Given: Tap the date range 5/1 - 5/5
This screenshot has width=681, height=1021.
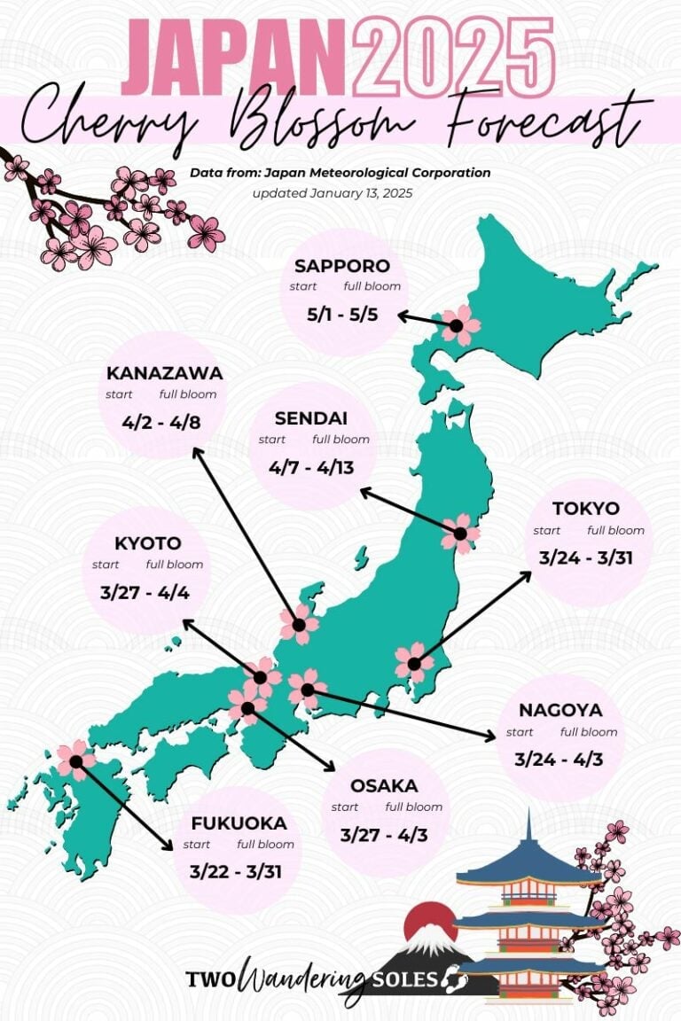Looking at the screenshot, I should tap(343, 314).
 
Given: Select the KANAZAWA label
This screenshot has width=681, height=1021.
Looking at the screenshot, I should tap(164, 373).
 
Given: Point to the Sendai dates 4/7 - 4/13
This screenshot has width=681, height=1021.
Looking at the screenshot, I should tap(314, 467).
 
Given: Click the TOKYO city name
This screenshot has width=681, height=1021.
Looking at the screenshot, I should tap(586, 509).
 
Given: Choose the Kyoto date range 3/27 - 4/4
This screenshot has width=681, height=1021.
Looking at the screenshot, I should tap(145, 592).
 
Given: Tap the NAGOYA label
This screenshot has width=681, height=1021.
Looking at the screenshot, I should tap(560, 710).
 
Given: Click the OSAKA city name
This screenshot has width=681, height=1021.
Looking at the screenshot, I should tap(384, 785).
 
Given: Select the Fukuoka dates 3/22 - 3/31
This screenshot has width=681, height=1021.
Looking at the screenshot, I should tap(236, 871).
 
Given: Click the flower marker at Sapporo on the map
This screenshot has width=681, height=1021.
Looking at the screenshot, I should tap(458, 325).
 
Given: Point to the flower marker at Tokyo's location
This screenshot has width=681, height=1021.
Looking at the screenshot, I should tap(414, 662).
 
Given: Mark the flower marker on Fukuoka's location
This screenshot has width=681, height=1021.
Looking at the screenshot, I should tap(76, 760).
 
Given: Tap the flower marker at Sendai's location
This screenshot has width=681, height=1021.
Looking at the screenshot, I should tap(460, 533).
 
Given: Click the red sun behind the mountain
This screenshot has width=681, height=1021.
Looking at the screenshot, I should tap(430, 918).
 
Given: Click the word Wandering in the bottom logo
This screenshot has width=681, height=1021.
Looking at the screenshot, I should tap(302, 978).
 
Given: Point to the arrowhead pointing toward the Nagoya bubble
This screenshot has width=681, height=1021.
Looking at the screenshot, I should tap(490, 736).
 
